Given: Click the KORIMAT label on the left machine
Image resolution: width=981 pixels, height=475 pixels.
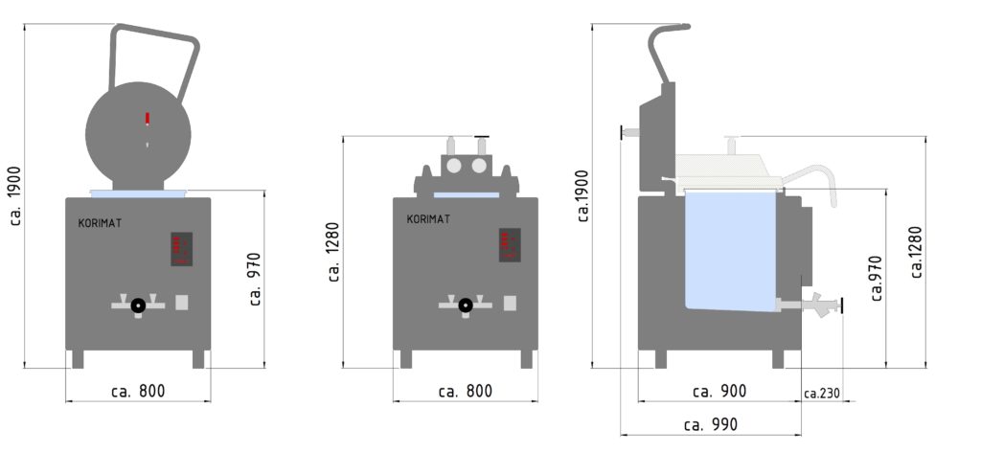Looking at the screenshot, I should pos(100,223).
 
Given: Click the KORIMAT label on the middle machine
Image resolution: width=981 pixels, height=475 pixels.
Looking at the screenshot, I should pos(428,219).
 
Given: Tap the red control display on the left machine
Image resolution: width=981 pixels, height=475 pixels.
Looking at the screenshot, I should pos(180,249).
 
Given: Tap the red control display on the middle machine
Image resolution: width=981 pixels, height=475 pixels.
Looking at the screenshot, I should pos(509,244).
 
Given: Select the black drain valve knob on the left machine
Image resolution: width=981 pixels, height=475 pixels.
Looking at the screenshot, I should pos(138,305).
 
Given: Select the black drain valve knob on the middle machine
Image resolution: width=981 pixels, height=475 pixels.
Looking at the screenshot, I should pos(466,305).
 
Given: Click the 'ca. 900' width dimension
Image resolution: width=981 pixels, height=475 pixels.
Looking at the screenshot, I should pos(719,391).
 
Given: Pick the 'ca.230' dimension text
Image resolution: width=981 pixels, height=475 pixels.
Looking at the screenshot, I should pos(822,393).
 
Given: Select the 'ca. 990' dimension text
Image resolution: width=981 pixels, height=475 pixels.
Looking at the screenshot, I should pos(709,424).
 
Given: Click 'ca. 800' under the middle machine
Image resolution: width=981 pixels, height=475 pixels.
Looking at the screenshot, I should pos(465,391).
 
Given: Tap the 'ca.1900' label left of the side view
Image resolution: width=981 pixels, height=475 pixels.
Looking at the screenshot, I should pos(583,196).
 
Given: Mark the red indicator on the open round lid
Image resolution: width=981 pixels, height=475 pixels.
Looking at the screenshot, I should pos(147,119).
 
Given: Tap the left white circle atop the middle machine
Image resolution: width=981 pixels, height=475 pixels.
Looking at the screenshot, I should pos(454,167).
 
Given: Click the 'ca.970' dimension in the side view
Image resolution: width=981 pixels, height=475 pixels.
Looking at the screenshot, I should pos(876,279).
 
